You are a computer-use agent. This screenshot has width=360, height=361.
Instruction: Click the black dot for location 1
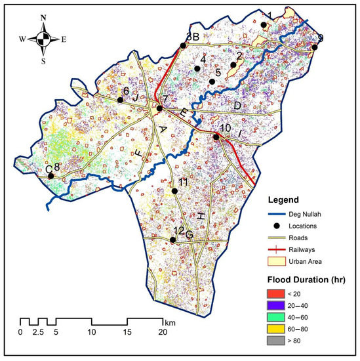coord(264,25)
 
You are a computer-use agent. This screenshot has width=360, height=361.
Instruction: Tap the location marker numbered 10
coord(216,137)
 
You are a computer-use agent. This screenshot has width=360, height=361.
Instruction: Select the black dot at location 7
coord(159,108)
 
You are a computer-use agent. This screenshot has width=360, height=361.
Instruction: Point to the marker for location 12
coord(172,240)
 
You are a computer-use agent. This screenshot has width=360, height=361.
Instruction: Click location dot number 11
coord(174,191)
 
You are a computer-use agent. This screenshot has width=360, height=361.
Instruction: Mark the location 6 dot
coord(120,100)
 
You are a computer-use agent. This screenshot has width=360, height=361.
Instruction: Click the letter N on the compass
coord(44,18)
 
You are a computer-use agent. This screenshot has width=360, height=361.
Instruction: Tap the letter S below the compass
coord(44,62)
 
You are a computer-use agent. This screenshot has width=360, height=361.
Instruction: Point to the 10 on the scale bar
coord(92,332)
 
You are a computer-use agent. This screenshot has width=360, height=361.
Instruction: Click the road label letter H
coord(201,217)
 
